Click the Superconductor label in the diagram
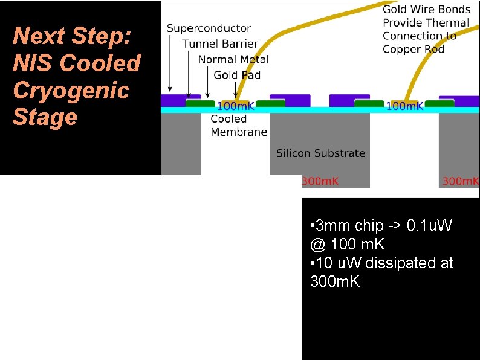209,28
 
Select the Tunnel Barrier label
220,44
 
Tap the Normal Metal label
233,59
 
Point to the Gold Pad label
237,75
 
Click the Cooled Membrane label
239,126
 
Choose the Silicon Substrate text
320,153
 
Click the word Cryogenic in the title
71,90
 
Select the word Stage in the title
45,117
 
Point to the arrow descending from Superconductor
170,63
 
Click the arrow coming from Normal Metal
208,82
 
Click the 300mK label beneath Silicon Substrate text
320,181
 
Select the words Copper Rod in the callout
414,49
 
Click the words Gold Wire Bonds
426,10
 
